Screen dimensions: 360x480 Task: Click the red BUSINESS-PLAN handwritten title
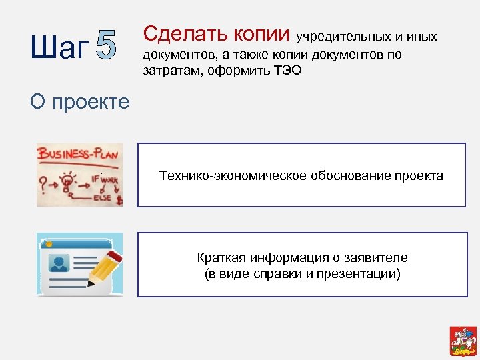tap(79, 155)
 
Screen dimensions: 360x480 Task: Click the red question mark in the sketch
tap(44, 182)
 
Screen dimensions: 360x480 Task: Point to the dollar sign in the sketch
tap(119, 199)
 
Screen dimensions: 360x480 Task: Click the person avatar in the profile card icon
tap(60, 262)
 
